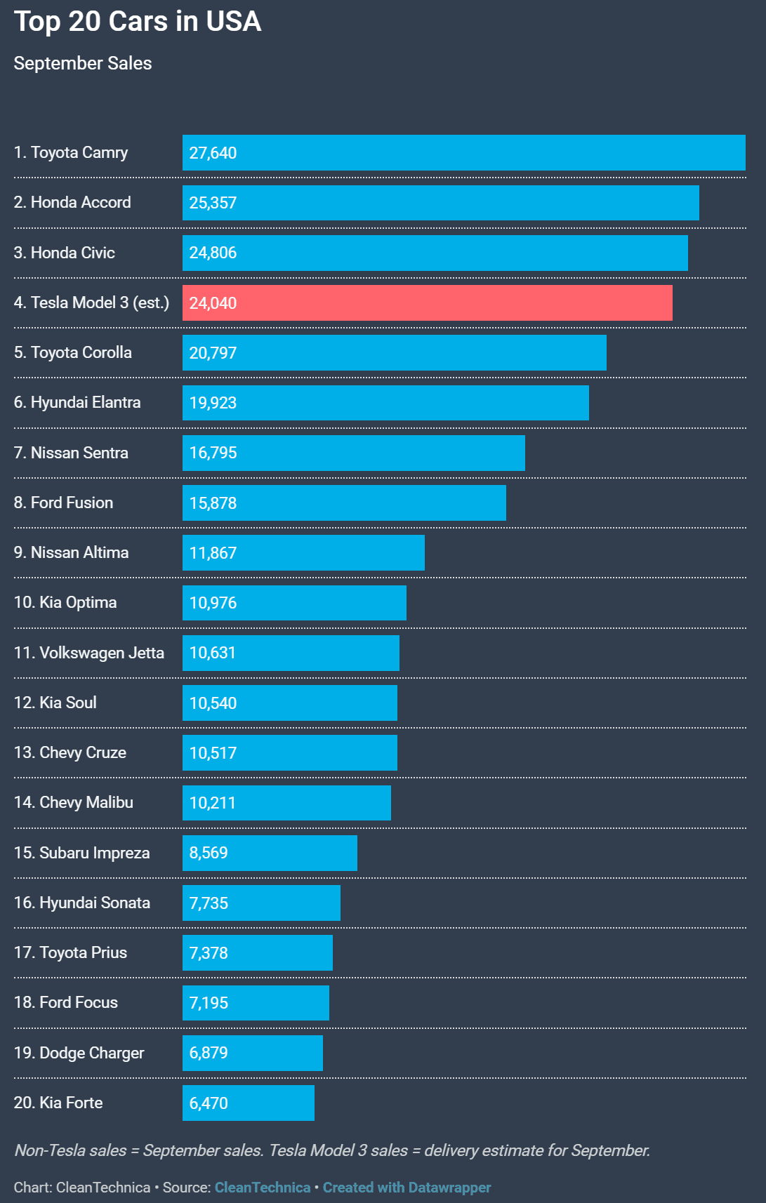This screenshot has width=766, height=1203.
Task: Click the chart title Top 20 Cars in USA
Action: point(138,22)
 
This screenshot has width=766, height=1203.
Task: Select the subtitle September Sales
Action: point(83,63)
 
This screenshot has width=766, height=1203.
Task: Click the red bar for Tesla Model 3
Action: point(427,303)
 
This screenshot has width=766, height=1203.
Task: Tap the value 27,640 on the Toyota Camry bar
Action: point(213,153)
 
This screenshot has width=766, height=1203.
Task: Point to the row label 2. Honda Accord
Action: point(72,202)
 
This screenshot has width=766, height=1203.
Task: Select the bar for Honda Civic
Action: point(435,253)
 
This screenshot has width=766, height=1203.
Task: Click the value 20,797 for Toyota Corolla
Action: point(213,353)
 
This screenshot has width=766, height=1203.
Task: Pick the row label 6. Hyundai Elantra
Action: point(77,402)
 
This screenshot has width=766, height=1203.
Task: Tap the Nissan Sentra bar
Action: point(353,453)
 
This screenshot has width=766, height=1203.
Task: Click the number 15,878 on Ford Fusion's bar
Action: point(213,503)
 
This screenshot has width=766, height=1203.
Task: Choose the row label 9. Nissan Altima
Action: point(72,552)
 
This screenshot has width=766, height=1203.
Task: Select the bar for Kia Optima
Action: point(294,603)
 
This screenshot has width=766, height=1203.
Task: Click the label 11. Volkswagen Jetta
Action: point(89,653)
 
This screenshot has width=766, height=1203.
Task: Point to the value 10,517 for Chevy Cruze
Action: point(213,753)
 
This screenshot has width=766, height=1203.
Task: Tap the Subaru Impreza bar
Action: point(270,853)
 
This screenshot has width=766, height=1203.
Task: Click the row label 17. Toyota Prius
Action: point(71,952)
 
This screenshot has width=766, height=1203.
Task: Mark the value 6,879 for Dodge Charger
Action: point(209,1053)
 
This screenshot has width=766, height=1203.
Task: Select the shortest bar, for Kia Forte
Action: point(248,1103)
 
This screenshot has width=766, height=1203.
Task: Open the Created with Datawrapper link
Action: point(407,1188)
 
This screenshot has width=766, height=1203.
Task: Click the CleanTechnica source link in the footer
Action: point(263,1188)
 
